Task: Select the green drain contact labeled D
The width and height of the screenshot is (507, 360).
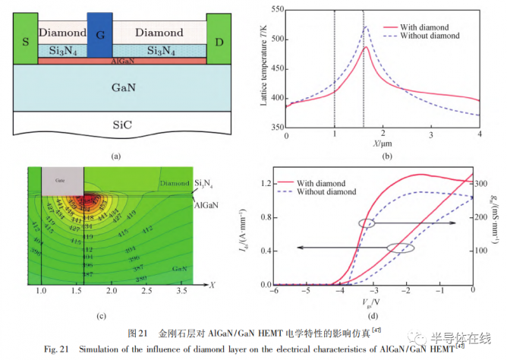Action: pyautogui.click(x=219, y=39)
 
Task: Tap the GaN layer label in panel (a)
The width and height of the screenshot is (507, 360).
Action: pyautogui.click(x=122, y=87)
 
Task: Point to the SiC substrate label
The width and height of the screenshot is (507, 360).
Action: pyautogui.click(x=122, y=122)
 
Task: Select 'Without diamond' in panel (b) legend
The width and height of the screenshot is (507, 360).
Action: pyautogui.click(x=433, y=35)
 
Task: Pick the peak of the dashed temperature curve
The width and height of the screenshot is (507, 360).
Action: pyautogui.click(x=365, y=27)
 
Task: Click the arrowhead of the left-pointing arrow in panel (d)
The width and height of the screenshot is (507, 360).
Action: pyautogui.click(x=298, y=248)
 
